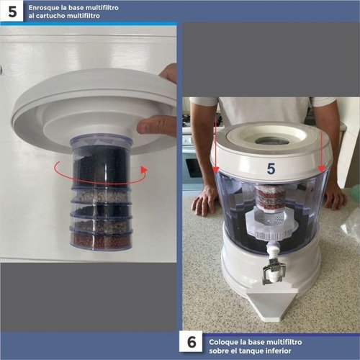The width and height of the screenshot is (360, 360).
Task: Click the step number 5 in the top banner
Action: (x=12, y=12)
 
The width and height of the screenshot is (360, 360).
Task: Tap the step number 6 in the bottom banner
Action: (x=192, y=342)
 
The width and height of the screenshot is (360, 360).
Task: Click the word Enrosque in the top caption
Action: (x=43, y=8)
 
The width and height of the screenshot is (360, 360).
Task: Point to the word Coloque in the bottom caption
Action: (x=222, y=342)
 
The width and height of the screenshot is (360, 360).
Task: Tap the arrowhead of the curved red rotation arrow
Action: (x=144, y=169)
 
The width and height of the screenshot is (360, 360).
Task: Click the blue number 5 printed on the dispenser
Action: (x=271, y=168)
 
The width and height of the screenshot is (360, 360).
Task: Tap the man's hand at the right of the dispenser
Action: (x=335, y=197)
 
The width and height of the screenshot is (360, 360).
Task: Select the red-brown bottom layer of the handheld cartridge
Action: (x=102, y=240)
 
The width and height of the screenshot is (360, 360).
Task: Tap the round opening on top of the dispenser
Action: (x=272, y=140)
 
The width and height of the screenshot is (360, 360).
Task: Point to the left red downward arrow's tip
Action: (x=216, y=171)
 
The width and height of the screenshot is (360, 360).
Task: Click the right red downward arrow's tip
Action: (x=322, y=169)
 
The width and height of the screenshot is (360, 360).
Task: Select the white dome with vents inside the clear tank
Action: (x=271, y=222)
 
